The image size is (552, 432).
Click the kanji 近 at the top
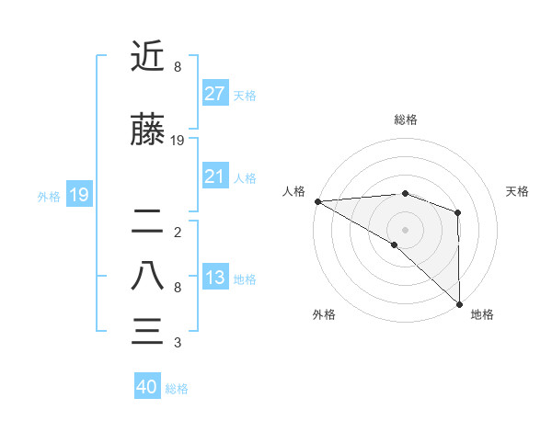[147, 57]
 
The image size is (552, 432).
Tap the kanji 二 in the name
[147, 221]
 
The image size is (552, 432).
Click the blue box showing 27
[214, 94]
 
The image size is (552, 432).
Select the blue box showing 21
[214, 177]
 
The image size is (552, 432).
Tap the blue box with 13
[214, 279]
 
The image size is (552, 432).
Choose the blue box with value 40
[147, 388]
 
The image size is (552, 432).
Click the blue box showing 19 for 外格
[78, 195]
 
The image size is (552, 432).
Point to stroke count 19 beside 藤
[178, 141]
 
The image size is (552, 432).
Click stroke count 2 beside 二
[177, 232]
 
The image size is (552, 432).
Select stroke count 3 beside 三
[177, 343]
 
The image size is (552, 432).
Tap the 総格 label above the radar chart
[405, 119]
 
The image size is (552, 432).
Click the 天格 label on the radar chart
[517, 191]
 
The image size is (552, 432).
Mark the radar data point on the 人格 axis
[317, 201]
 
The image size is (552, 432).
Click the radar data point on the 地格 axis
[458, 302]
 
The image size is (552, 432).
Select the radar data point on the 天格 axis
[457, 212]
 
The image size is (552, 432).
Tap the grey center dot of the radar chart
[405, 229]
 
